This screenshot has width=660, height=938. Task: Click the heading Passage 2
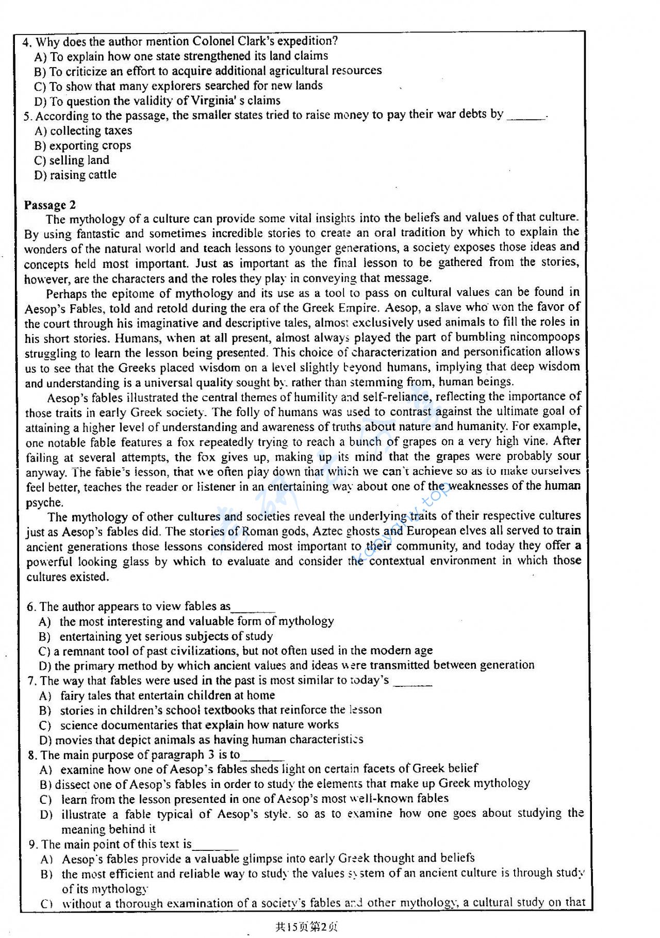49,205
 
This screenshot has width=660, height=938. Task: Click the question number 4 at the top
26,42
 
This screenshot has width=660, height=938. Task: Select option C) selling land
72,160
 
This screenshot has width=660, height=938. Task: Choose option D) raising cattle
75,175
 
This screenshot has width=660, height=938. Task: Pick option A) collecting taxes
83,131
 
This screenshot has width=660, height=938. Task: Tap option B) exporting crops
82,146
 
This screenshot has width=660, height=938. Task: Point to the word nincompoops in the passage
544,337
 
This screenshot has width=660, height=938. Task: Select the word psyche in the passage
44,502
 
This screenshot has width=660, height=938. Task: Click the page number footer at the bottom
307,927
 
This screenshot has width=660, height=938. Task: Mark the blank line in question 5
526,118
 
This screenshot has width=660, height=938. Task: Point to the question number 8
32,755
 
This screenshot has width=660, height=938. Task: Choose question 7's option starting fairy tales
167,696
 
